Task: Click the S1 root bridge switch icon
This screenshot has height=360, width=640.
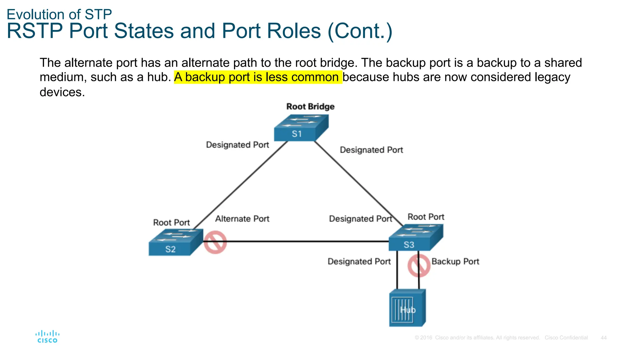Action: (301, 128)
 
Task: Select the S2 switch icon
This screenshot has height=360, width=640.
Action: (175, 243)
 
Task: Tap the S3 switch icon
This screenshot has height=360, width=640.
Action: (415, 238)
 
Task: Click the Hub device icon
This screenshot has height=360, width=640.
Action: (407, 308)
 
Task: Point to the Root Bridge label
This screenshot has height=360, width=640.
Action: (310, 107)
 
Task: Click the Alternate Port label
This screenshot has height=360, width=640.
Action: (242, 219)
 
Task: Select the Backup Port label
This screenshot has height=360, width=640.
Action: (455, 262)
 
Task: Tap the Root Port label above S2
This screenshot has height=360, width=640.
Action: (171, 222)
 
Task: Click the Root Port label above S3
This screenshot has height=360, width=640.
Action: (426, 217)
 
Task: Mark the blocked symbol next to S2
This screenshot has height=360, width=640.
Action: (215, 242)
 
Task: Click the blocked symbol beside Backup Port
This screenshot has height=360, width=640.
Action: (419, 266)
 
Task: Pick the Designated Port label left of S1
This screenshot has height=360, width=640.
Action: (237, 145)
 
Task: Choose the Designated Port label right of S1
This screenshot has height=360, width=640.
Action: (371, 150)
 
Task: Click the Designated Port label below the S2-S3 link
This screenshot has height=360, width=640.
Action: (359, 262)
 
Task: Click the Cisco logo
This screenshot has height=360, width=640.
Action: (47, 337)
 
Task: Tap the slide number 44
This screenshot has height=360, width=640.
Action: (603, 338)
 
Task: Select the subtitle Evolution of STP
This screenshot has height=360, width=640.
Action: (59, 14)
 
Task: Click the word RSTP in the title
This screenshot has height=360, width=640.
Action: (34, 31)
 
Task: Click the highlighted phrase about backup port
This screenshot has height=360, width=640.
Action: (258, 77)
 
